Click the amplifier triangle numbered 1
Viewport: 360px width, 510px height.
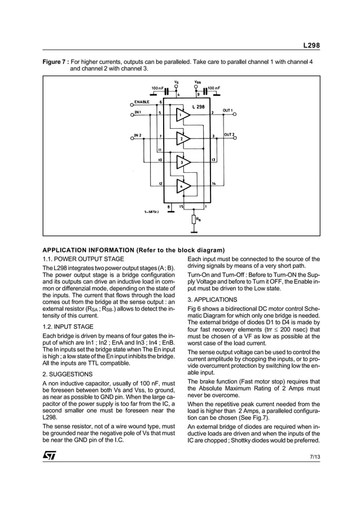[x=182, y=115]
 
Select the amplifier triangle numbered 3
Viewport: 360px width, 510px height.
[x=182, y=163]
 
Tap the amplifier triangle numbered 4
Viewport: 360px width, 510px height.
[x=182, y=186]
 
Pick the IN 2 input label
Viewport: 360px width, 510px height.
[x=138, y=136]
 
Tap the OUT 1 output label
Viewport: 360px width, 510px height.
[x=228, y=110]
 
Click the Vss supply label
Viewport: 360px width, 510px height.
[x=197, y=82]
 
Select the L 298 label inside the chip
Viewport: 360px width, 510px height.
[x=199, y=106]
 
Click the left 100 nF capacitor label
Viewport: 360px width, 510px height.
[x=157, y=88]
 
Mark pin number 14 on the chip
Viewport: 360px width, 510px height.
[x=214, y=184]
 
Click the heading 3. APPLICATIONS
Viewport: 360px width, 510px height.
[x=212, y=299]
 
